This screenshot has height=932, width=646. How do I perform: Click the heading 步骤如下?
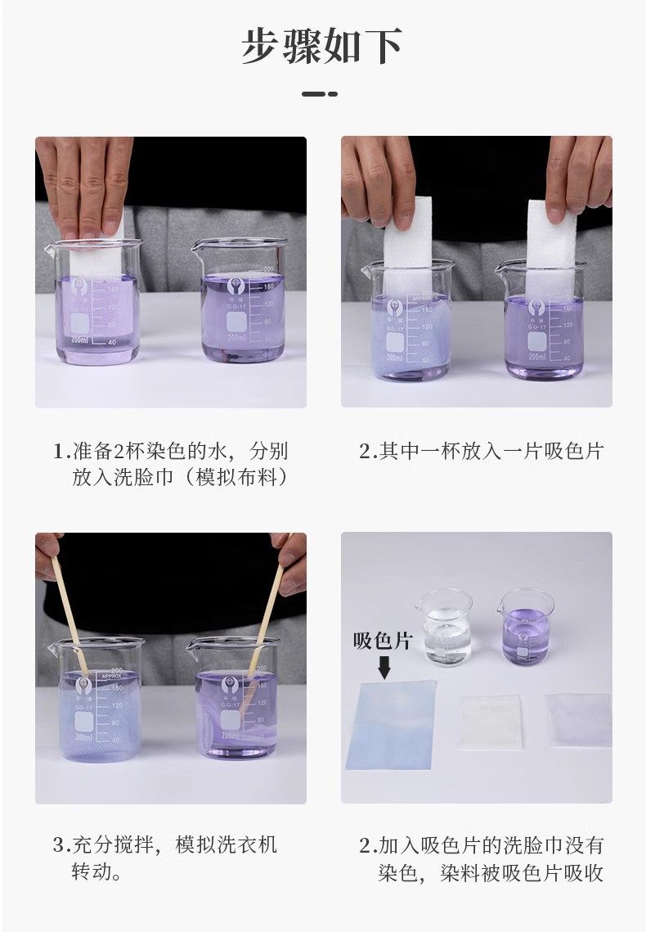(322, 46)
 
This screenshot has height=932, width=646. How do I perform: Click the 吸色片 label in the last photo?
(383, 641)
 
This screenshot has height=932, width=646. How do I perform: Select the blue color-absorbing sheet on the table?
(392, 725)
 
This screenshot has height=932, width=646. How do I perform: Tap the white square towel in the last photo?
(491, 722)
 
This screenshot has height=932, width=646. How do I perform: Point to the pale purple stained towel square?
(578, 720)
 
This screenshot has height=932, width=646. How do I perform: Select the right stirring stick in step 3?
(265, 621)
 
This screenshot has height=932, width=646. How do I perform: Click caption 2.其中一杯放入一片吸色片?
(481, 451)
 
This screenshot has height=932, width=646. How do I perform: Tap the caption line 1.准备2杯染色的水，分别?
(170, 451)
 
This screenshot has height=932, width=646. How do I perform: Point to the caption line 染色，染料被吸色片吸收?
(491, 873)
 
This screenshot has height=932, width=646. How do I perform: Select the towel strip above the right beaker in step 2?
(551, 250)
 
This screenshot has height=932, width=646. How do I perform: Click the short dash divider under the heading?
(320, 94)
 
